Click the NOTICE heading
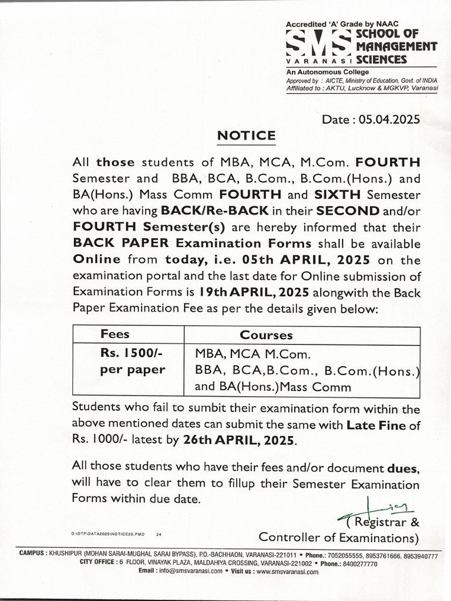click(x=246, y=136)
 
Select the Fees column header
click(x=115, y=335)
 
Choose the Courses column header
click(x=266, y=335)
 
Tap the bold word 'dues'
click(x=403, y=468)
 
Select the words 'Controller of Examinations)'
click(x=339, y=537)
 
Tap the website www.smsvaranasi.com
click(x=287, y=570)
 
